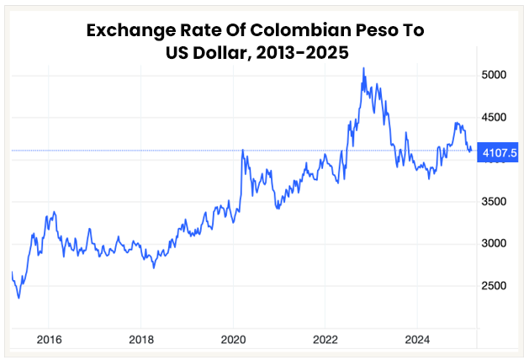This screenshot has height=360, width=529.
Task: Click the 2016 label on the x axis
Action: [x=49, y=340]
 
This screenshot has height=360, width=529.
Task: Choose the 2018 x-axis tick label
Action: [x=141, y=340]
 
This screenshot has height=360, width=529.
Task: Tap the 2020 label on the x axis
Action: [x=233, y=340]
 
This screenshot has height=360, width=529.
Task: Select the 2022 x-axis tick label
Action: [x=325, y=340]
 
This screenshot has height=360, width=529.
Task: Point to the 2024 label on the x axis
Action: [x=417, y=340]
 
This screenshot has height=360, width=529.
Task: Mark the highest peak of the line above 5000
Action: [x=363, y=68]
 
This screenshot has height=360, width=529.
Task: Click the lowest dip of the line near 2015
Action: [x=19, y=297]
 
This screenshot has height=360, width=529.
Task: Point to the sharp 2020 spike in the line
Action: [x=242, y=151]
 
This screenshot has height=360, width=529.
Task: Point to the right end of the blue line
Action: [x=471, y=151]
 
